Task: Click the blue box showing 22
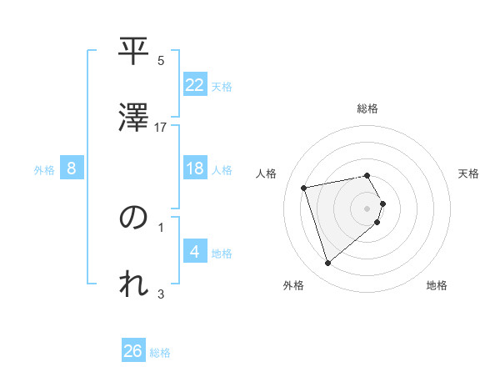(195, 84)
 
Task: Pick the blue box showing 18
(195, 168)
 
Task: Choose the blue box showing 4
(195, 252)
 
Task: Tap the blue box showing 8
(72, 168)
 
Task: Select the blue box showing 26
(133, 351)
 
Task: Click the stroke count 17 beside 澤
(161, 127)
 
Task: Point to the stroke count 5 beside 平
(161, 60)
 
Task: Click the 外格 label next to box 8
(44, 169)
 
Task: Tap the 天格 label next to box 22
(222, 86)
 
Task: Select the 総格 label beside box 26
(160, 353)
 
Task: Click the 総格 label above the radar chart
(367, 108)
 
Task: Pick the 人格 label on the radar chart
(267, 173)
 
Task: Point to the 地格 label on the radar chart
(437, 285)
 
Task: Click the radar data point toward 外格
(327, 264)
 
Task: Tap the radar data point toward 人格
(304, 187)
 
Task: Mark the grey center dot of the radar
(367, 208)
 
